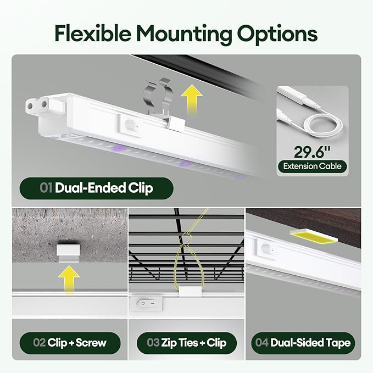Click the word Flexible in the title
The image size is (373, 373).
tap(93, 33)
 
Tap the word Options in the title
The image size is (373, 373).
tap(277, 35)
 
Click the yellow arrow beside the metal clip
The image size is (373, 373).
tap(192, 99)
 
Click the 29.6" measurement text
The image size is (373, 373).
tap(312, 152)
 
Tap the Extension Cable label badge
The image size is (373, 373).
tap(312, 166)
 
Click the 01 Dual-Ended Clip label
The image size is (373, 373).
tap(96, 188)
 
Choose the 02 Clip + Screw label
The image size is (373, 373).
tap(70, 343)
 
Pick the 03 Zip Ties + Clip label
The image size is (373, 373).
tap(187, 343)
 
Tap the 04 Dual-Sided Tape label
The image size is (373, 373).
tap(303, 343)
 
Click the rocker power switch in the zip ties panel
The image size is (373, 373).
tap(146, 303)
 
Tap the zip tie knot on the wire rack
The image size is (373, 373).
tap(187, 238)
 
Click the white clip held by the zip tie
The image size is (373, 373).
tap(190, 291)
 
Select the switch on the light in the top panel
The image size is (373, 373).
tap(130, 124)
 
